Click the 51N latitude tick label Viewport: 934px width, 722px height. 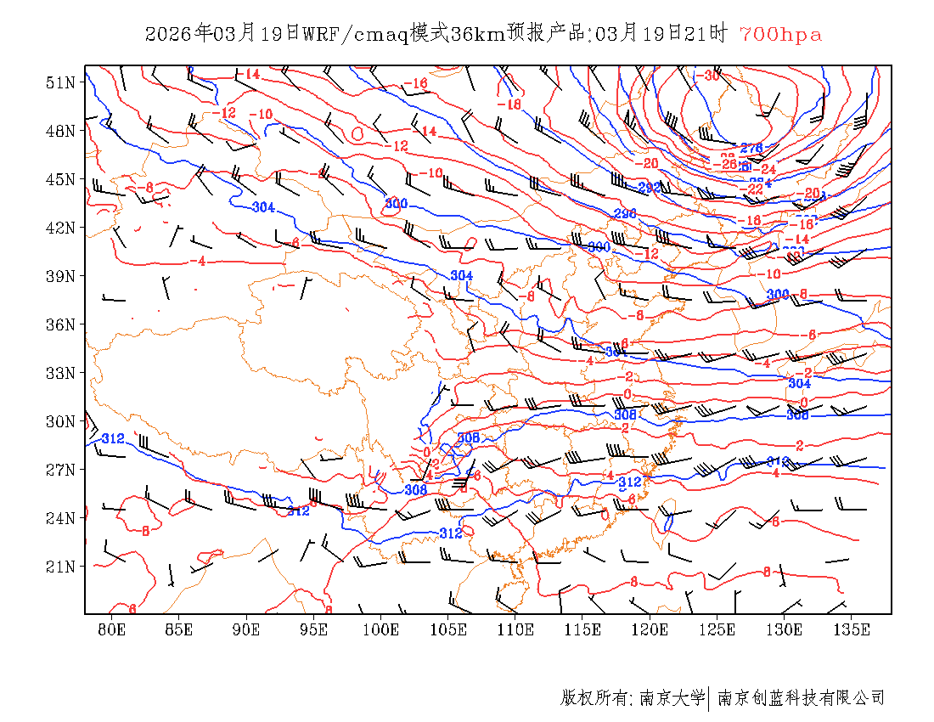point(61,82)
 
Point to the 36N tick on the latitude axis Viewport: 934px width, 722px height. point(61,324)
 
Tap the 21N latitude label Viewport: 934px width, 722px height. point(61,567)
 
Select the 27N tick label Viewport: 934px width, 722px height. point(61,470)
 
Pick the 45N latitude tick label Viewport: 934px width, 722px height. point(61,179)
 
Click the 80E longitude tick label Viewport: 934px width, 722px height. point(112,629)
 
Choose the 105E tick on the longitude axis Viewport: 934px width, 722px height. point(448,629)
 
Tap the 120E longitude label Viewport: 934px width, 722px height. point(650,629)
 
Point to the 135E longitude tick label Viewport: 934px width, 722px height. point(852,629)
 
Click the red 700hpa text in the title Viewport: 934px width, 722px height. point(780,35)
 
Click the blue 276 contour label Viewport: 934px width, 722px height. point(751,149)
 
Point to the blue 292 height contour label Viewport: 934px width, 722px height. point(650,188)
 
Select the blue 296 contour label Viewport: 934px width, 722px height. point(625,213)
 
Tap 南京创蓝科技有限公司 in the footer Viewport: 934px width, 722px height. point(802,698)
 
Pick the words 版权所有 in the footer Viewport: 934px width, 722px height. point(594,698)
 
